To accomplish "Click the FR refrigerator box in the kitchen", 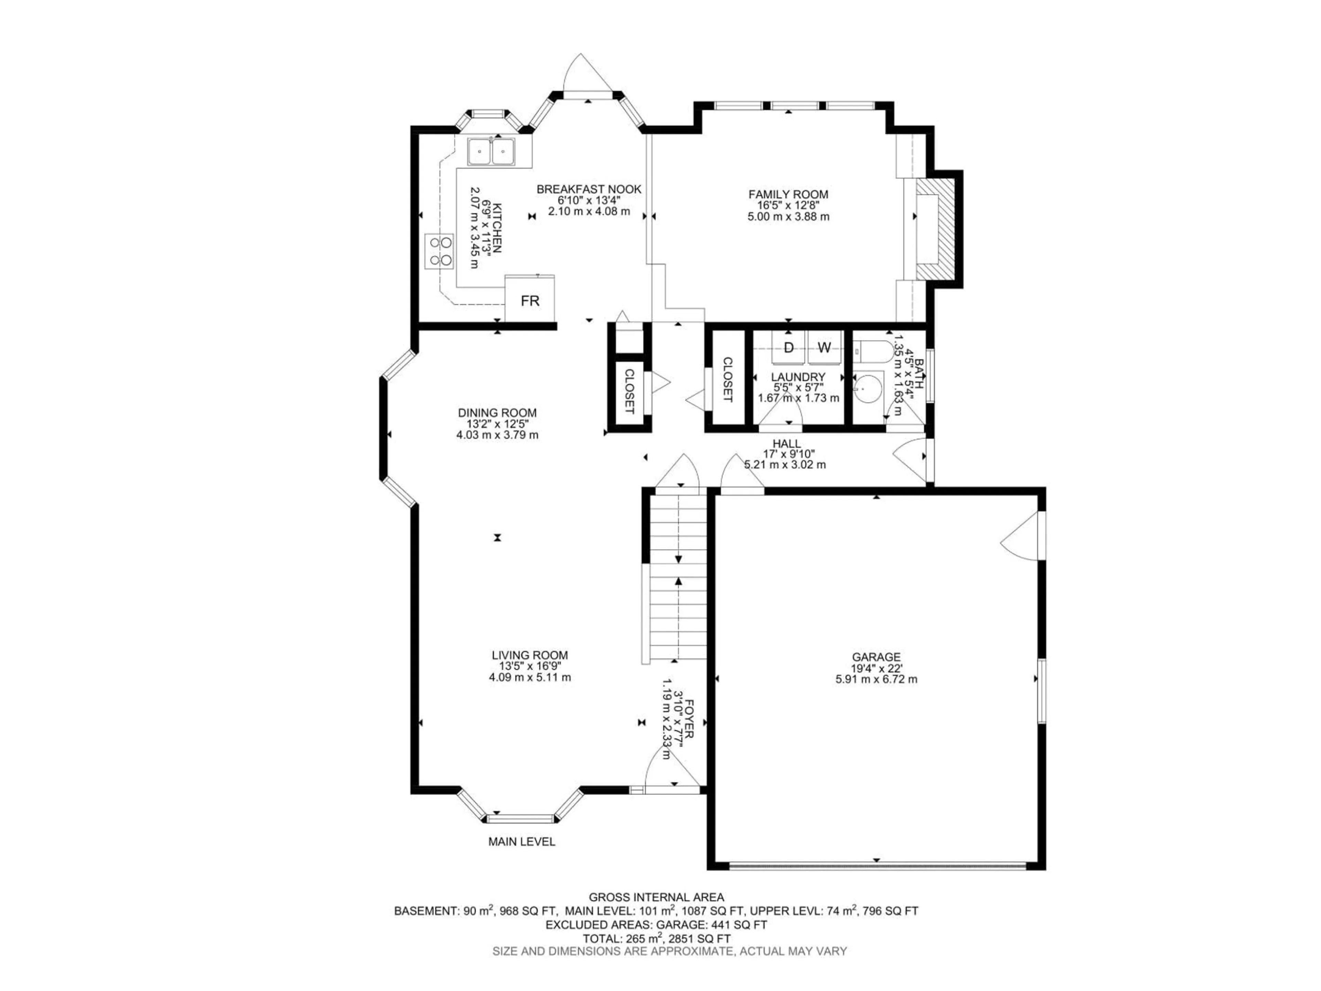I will click(x=530, y=299).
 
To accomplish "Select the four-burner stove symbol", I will click(x=440, y=251).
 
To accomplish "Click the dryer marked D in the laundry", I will click(x=788, y=348).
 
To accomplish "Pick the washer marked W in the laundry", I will click(x=824, y=348).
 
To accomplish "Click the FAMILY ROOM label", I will click(x=788, y=194).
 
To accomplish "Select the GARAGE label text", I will click(x=876, y=657).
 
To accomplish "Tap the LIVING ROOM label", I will click(x=530, y=655).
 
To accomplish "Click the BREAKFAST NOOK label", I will click(x=589, y=189).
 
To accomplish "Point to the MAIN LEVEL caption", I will click(x=522, y=842).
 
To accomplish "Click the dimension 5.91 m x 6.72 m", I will click(x=876, y=679).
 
